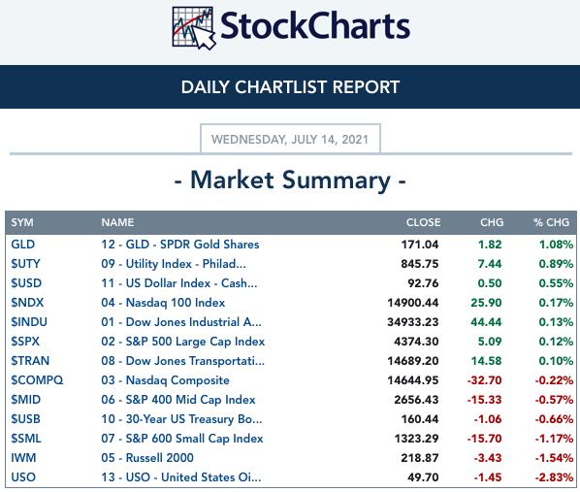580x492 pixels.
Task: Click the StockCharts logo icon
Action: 194,28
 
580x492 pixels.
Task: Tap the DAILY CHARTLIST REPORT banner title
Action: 290,87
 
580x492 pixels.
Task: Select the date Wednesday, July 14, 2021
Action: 290,140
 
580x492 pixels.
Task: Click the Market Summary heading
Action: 290,180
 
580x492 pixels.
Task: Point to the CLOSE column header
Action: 423,222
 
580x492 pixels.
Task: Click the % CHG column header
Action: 551,222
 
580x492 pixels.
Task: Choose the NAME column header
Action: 117,222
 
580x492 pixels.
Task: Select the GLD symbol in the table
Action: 23,245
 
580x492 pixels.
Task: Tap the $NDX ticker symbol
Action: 27,303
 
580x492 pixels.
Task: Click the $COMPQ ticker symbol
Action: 37,380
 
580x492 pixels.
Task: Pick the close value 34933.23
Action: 413,322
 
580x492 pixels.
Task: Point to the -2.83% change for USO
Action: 554,477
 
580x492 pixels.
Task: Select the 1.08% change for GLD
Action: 556,245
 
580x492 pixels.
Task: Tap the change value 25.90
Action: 486,303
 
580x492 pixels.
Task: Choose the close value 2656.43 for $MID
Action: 416,400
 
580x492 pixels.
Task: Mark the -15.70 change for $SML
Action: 485,439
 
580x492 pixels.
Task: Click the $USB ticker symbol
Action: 25,419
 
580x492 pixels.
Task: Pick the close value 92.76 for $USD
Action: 423,283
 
